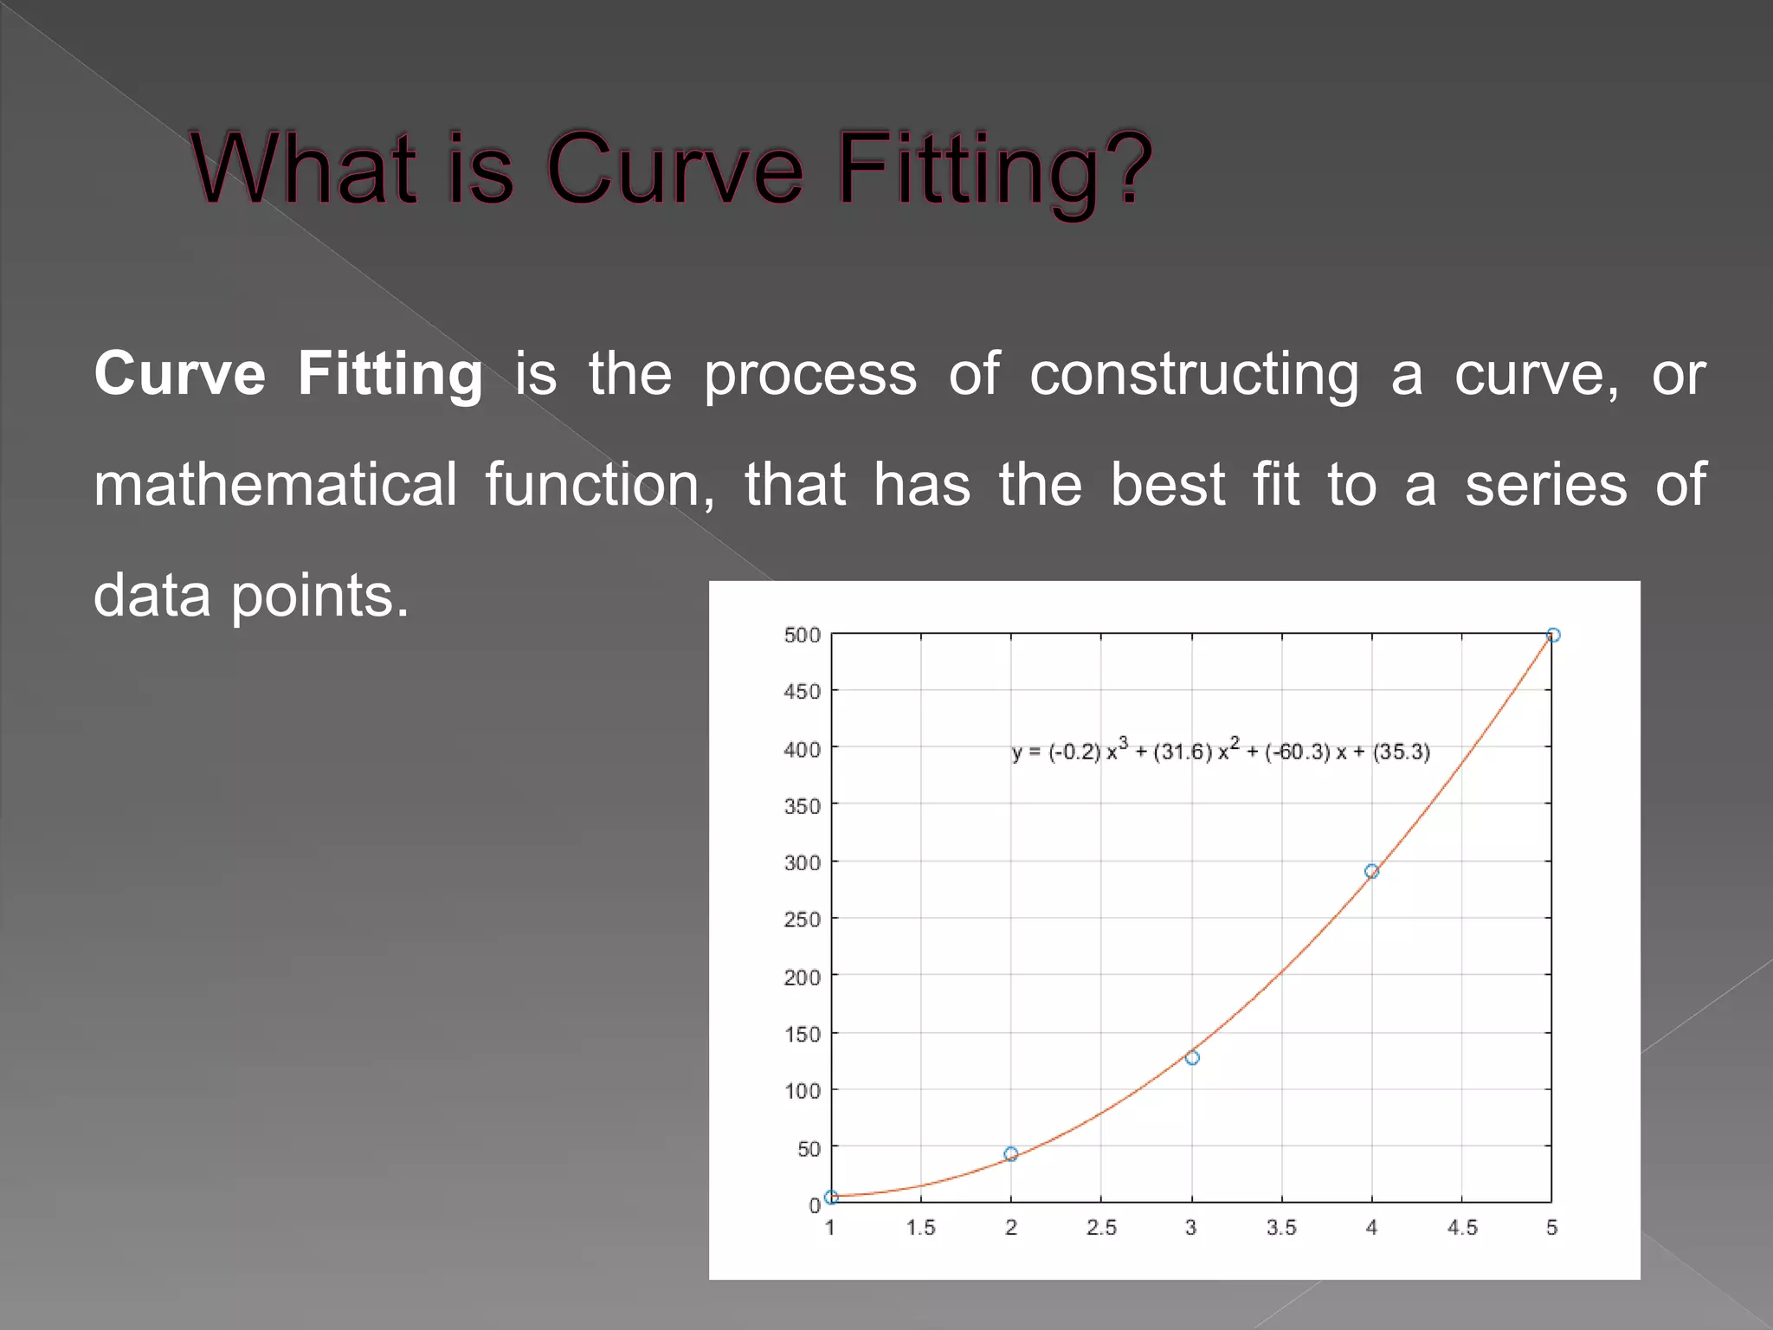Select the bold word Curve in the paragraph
[x=180, y=374]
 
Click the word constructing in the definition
[x=1194, y=375]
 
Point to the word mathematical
[x=275, y=485]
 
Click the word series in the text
[x=1546, y=485]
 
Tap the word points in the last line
[x=319, y=597]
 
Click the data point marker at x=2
[x=1010, y=1154]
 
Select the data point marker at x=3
[x=1192, y=1057]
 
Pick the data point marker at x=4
[x=1371, y=871]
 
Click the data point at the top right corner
[x=1553, y=635]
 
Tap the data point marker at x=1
[x=831, y=1198]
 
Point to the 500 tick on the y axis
[x=802, y=636]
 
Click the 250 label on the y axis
[x=802, y=920]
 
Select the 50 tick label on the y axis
[x=809, y=1149]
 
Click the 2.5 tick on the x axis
[x=1101, y=1228]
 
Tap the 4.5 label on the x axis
[x=1462, y=1228]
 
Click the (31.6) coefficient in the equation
[x=1183, y=752]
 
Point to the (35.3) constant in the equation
[x=1401, y=752]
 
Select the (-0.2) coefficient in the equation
[x=1074, y=752]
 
